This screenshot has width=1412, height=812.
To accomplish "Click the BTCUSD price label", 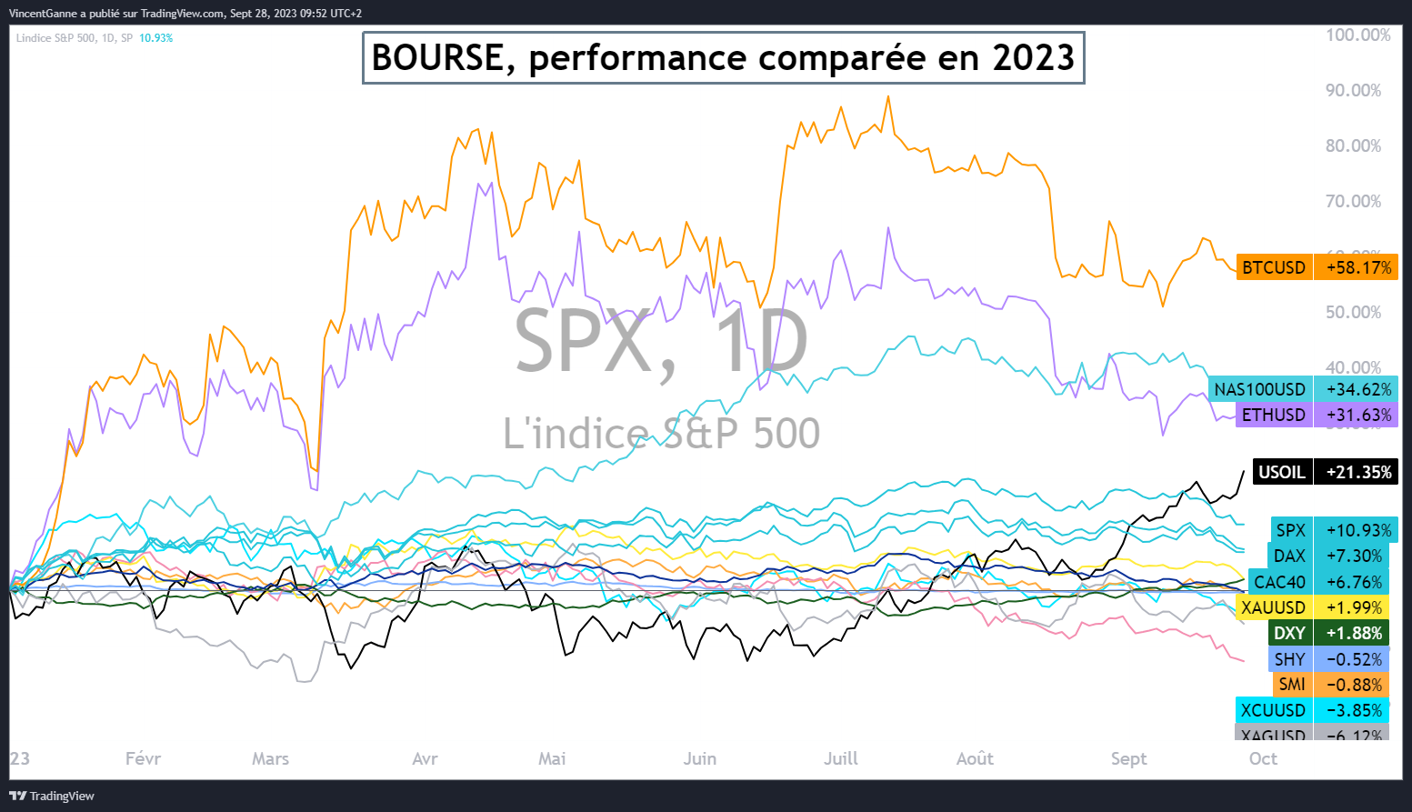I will click(1274, 267).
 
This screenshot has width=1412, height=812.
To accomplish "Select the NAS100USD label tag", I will click(1259, 389).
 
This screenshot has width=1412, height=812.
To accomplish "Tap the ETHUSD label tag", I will click(1273, 415).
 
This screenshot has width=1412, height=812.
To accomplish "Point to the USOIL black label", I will click(1282, 472).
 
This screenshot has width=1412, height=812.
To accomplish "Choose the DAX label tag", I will click(1289, 556).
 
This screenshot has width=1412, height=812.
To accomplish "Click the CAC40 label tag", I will click(1279, 582).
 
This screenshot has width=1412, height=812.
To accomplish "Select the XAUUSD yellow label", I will click(1273, 607).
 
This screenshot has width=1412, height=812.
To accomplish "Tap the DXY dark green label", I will click(1289, 633).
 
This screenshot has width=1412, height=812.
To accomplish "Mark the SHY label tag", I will click(1289, 659).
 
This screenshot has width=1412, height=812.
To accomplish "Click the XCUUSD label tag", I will click(1273, 710).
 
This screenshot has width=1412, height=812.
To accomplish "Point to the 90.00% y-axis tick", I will click(1353, 90).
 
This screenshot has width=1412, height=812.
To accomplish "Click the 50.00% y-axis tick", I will click(1353, 312).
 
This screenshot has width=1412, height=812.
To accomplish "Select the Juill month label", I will click(840, 758).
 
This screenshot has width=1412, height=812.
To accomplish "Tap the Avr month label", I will click(425, 758).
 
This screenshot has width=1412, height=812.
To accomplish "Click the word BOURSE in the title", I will click(437, 58).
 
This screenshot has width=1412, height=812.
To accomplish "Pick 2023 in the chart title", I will click(1033, 58).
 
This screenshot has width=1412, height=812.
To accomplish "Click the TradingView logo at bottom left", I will click(52, 796).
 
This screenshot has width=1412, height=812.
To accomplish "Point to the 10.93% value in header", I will click(155, 38).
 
